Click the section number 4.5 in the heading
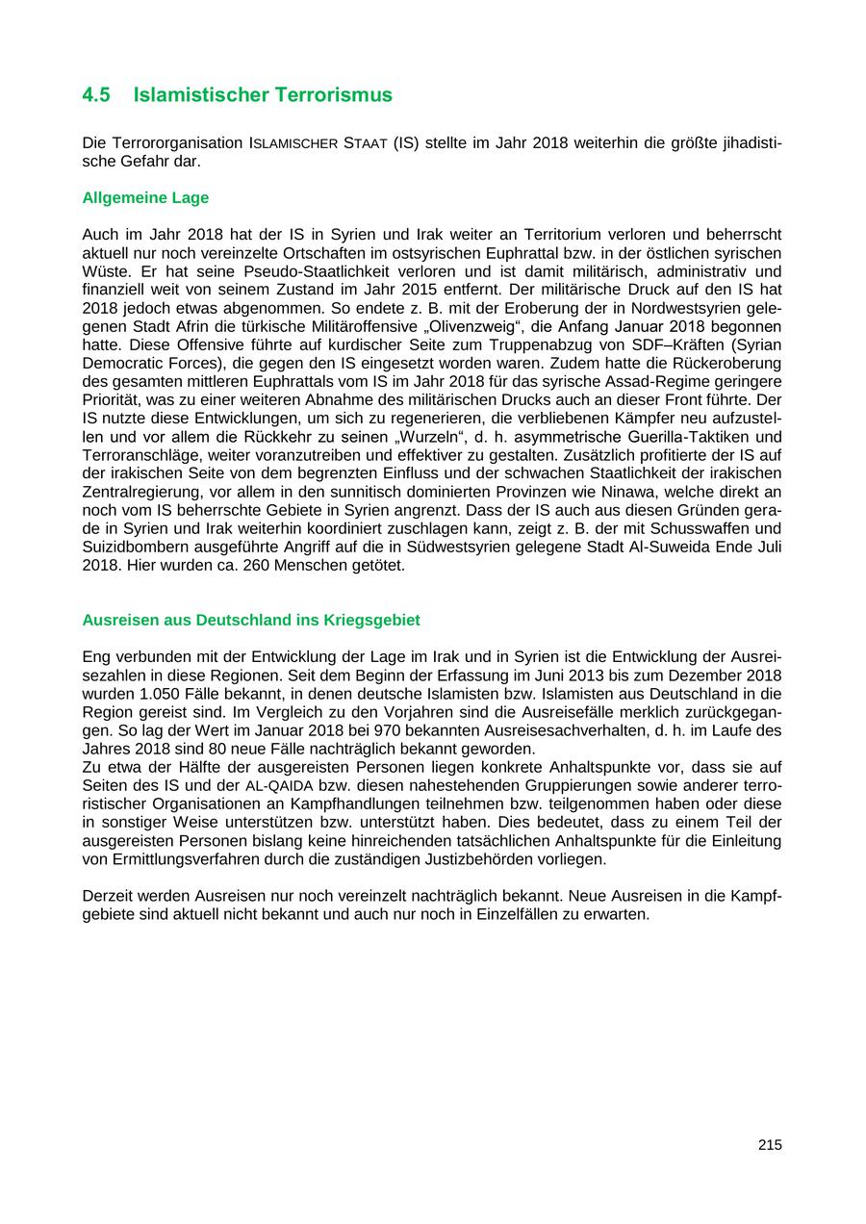pyautogui.click(x=96, y=95)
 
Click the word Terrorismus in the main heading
pyautogui.click(x=333, y=95)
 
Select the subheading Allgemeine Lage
pyautogui.click(x=145, y=198)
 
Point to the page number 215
pyautogui.click(x=770, y=1145)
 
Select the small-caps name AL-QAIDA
pyautogui.click(x=279, y=786)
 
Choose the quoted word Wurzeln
pyautogui.click(x=412, y=437)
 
